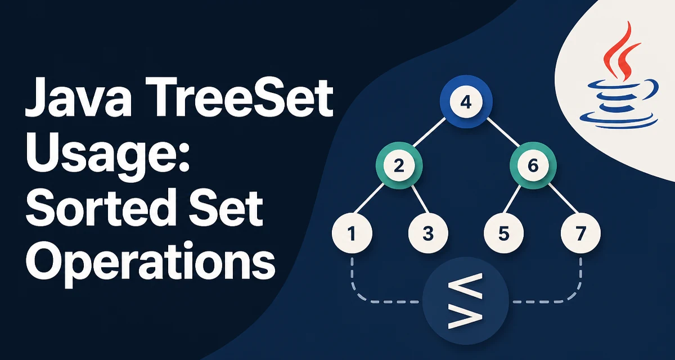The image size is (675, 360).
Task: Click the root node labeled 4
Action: tap(466, 101)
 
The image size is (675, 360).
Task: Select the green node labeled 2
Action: tap(399, 165)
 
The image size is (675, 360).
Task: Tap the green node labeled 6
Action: tap(533, 165)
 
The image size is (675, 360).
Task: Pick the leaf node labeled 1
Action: tap(352, 233)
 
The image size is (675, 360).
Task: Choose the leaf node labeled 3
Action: tap(428, 233)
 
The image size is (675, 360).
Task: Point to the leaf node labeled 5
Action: tap(503, 233)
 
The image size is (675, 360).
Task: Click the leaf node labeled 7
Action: tap(580, 233)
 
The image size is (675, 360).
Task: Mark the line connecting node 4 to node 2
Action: tap(429, 132)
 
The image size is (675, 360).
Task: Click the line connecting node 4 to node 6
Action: tap(503, 132)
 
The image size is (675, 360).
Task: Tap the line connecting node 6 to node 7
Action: tap(563, 199)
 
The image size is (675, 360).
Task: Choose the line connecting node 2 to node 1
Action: tap(369, 199)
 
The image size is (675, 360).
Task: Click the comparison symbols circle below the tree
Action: tap(466, 300)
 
